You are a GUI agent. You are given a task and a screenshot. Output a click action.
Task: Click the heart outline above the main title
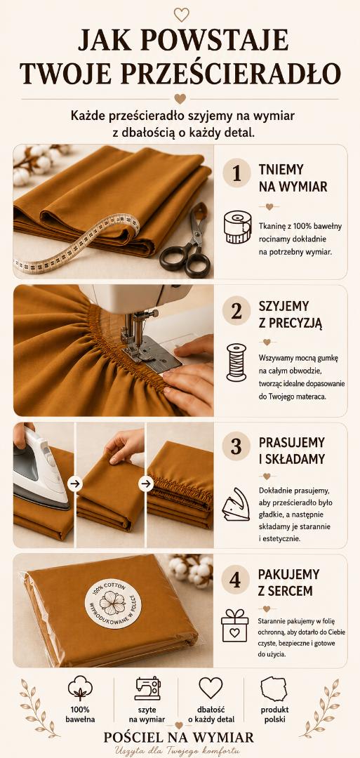[x=181, y=14]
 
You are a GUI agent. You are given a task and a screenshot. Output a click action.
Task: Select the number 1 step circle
[x=236, y=173]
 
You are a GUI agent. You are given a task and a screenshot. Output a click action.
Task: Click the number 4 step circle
[x=235, y=579]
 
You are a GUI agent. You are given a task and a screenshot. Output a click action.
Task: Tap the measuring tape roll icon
[x=237, y=227]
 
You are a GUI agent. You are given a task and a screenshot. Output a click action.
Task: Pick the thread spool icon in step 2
[x=236, y=362]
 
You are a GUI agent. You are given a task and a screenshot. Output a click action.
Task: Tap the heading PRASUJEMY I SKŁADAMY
[x=291, y=451]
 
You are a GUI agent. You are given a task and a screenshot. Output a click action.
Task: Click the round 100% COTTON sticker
[x=113, y=604]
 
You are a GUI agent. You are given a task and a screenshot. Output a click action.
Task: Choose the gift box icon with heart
[x=235, y=625]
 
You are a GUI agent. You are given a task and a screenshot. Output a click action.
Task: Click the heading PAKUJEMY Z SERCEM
[x=288, y=583]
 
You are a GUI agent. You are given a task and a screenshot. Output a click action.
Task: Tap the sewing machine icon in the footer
[x=147, y=689]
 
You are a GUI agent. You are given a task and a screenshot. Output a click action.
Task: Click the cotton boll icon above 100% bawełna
[x=80, y=688]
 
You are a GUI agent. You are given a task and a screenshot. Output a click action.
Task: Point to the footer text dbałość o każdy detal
[x=211, y=714]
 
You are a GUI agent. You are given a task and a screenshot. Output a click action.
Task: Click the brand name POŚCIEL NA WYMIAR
[x=179, y=737]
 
